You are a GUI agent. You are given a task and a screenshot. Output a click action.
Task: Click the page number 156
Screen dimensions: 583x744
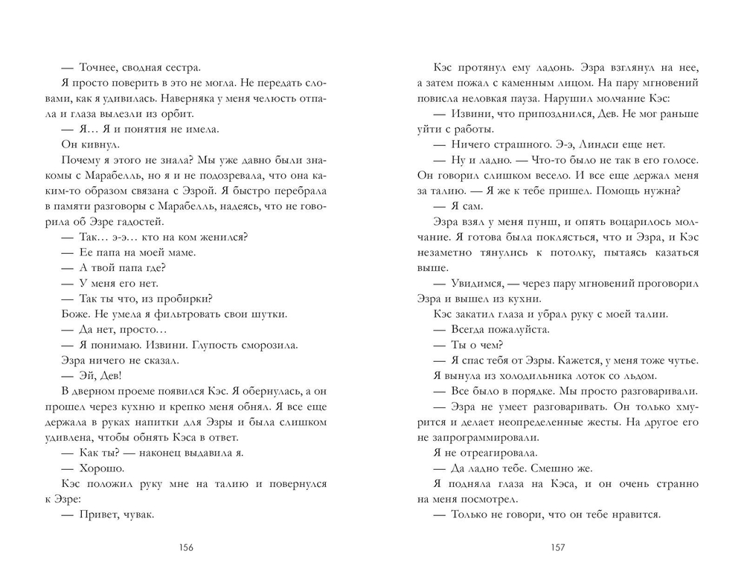186,549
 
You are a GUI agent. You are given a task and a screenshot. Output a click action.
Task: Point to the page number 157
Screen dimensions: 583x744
558,549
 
